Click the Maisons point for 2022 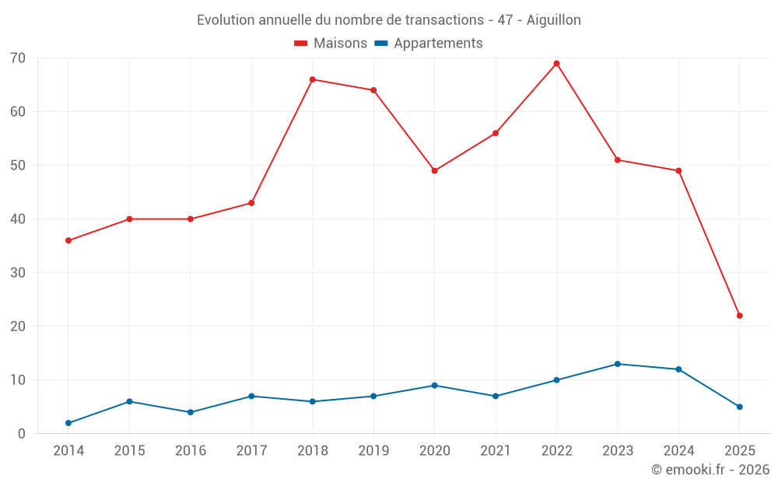click(556, 64)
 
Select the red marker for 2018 click(312, 79)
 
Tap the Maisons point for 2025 click(740, 316)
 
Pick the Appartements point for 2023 click(618, 364)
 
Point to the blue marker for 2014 click(68, 423)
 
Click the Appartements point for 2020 click(434, 386)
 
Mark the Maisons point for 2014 click(68, 240)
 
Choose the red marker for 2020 click(434, 171)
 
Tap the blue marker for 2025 click(740, 407)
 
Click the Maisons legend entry click(331, 44)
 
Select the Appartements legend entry click(429, 44)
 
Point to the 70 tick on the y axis click(18, 58)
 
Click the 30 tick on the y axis click(18, 273)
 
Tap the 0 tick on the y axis click(22, 434)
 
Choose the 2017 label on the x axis click(251, 451)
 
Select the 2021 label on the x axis click(496, 451)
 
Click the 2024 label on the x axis click(678, 451)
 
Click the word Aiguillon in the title click(554, 20)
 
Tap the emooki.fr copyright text click(710, 470)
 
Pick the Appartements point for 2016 click(190, 412)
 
